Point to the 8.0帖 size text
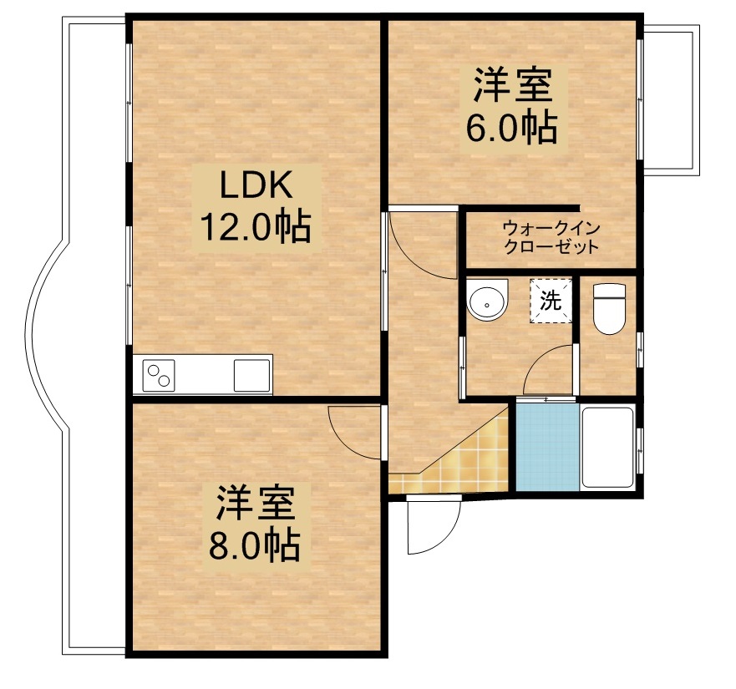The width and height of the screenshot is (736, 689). click(x=254, y=545)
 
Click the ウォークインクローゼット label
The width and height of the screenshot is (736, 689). click(x=551, y=237)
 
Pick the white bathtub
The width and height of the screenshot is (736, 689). click(x=607, y=447)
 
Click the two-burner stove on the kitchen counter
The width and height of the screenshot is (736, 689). click(x=159, y=375)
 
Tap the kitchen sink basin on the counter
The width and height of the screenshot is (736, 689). click(x=252, y=375)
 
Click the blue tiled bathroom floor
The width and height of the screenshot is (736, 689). click(x=547, y=447)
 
